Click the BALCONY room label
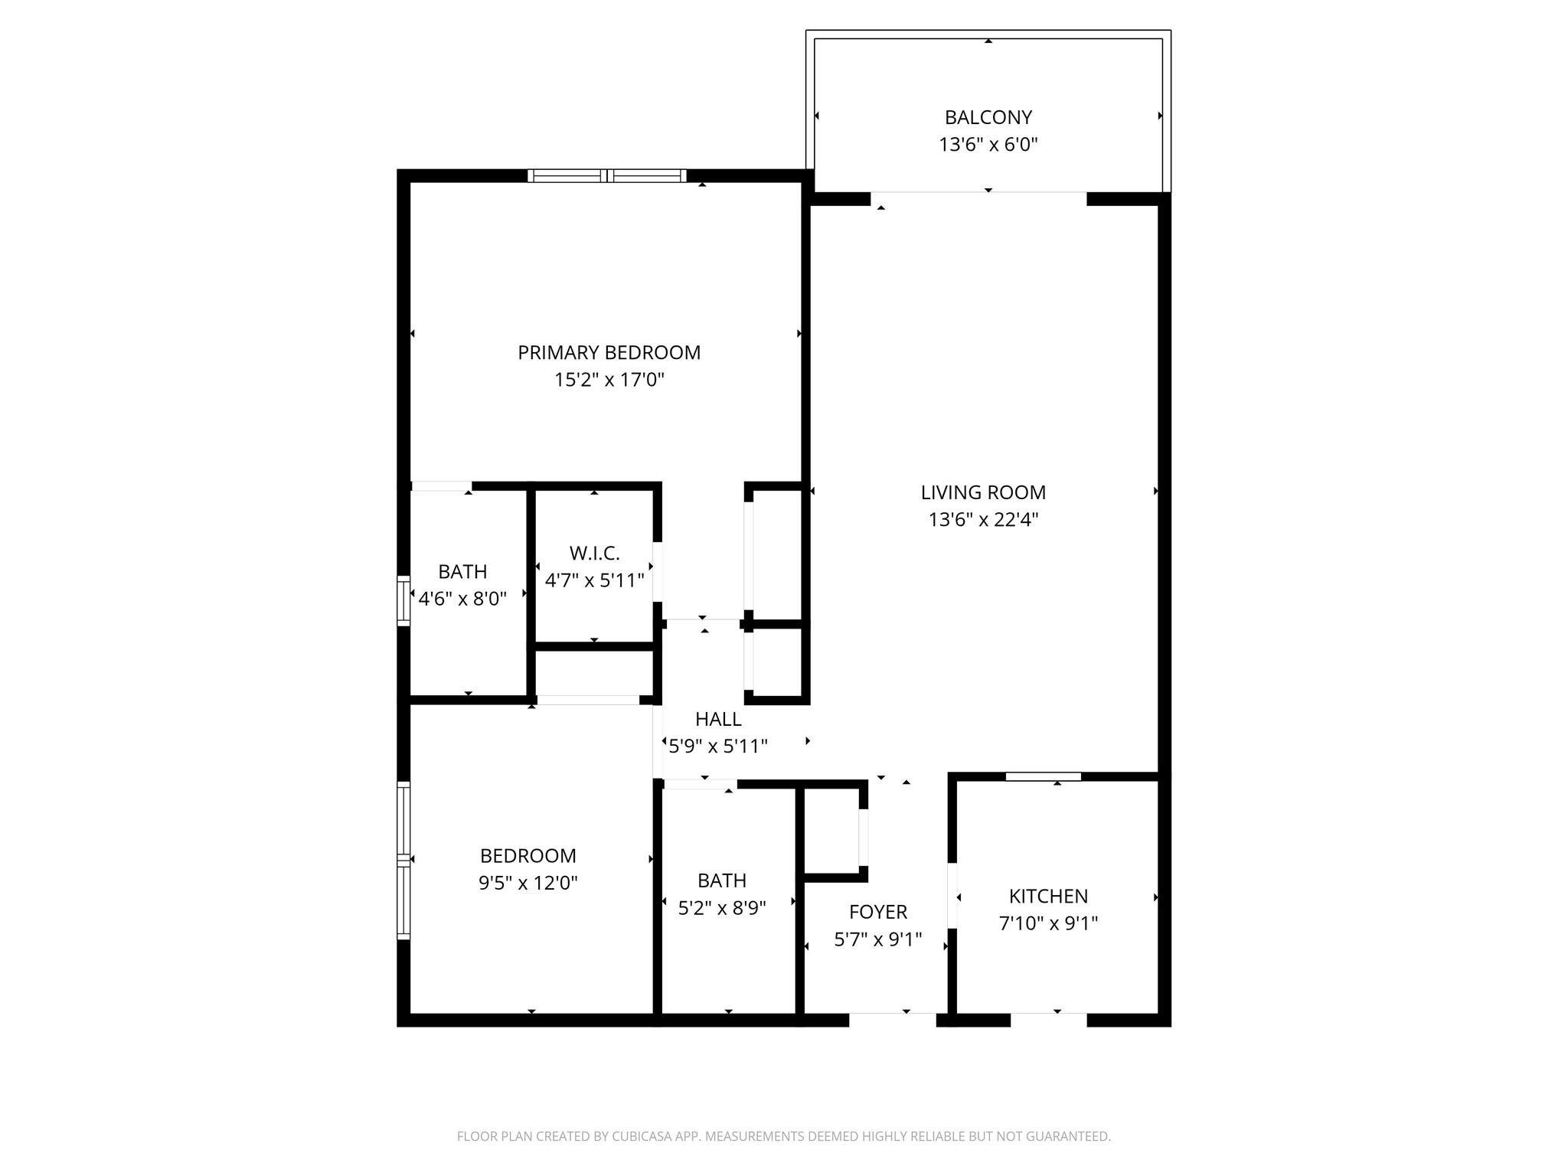coord(988,117)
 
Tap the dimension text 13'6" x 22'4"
coord(983,520)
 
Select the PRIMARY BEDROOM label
coord(609,352)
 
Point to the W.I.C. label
coord(594,553)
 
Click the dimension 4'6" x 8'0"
coord(462,599)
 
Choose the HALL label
coord(717,719)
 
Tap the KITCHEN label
coord(1047,896)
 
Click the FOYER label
coord(877,912)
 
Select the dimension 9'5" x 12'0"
coord(528,883)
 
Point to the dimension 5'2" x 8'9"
coord(721,908)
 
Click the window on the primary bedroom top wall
coord(606,176)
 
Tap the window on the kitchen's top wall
coord(1043,776)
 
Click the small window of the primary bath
coord(403,600)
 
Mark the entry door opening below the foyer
coord(893,1019)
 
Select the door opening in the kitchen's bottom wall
coord(1048,1019)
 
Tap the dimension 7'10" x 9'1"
coord(1047,923)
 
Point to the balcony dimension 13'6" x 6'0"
coord(988,145)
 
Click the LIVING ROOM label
coord(983,492)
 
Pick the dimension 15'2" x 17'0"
coord(609,380)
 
